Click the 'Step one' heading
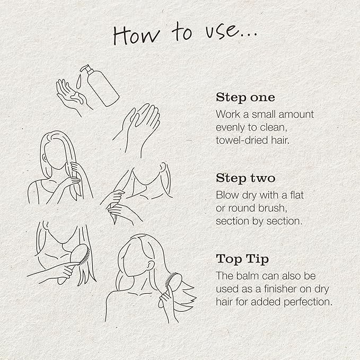point(245,98)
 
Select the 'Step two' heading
point(245,178)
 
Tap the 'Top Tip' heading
point(242,259)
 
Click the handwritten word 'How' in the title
point(136,34)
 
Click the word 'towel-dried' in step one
point(241,140)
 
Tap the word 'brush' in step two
point(273,208)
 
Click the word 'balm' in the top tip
point(248,276)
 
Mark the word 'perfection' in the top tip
point(308,302)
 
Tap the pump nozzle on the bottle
point(84,68)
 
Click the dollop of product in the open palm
point(76,96)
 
